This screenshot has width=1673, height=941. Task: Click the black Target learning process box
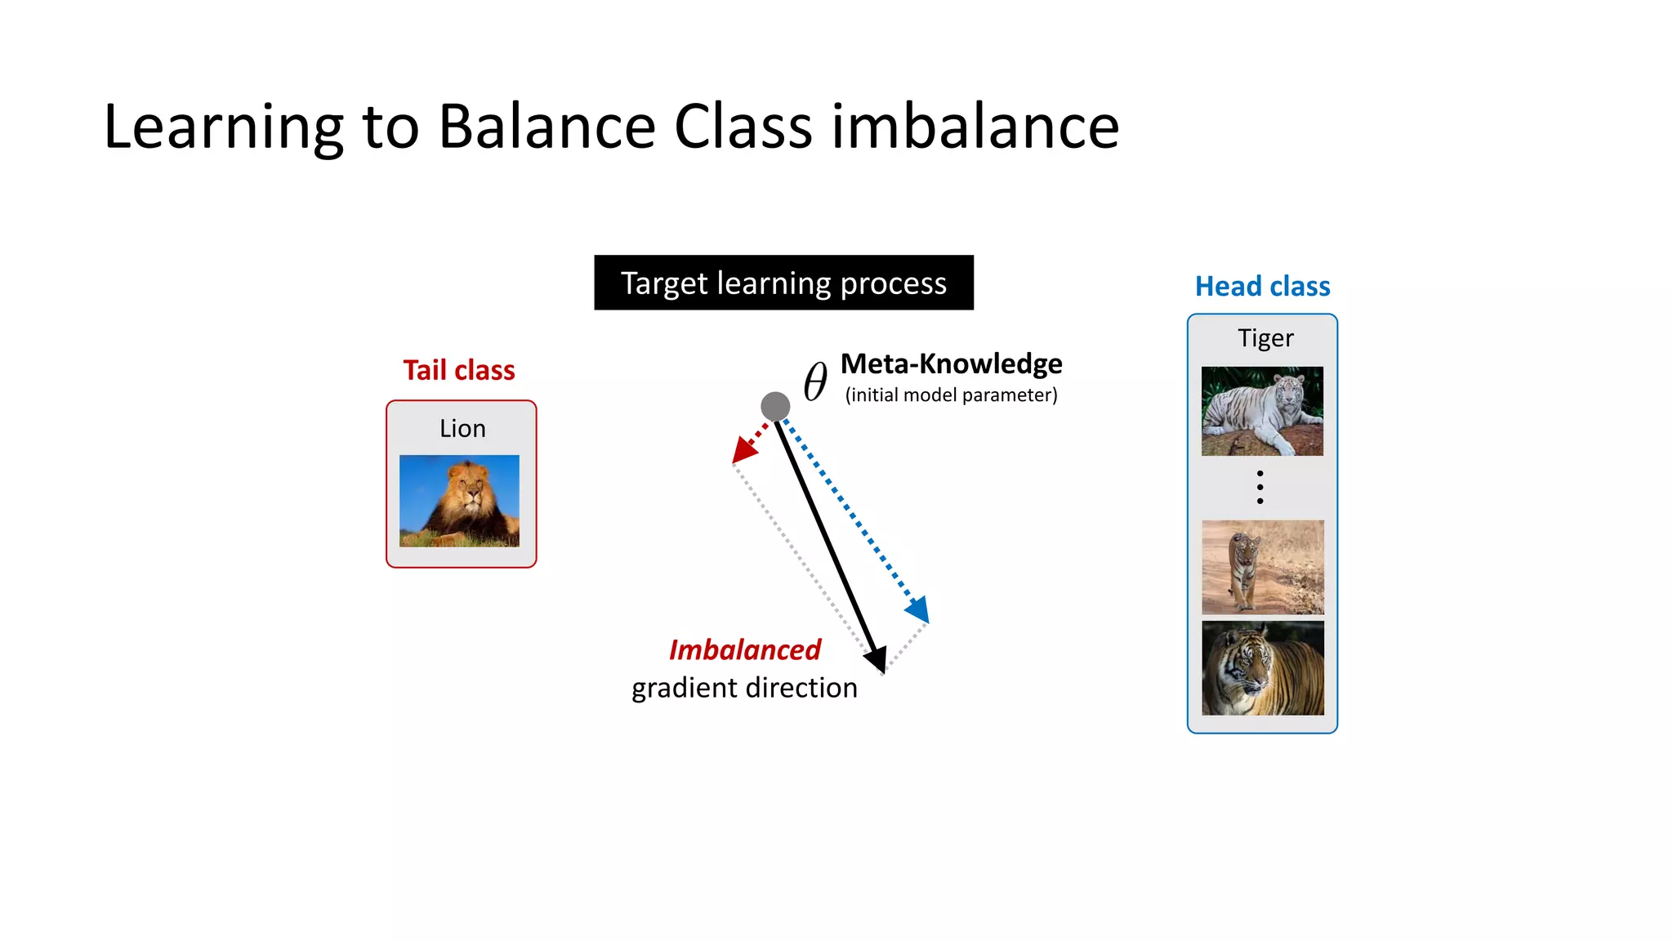coord(783,283)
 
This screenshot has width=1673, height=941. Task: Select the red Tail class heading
coord(459,370)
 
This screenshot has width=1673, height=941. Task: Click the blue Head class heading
coord(1262,287)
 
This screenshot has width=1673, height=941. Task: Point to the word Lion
coord(462,428)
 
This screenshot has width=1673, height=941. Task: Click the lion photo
coord(459,501)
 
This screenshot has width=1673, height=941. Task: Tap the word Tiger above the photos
coord(1265,337)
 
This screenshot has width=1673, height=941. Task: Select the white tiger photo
coord(1262,411)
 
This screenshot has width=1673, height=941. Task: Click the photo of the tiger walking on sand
coord(1262,567)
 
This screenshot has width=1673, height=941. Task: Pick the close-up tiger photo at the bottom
coord(1262,668)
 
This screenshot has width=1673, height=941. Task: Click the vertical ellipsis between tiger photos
coord(1260,487)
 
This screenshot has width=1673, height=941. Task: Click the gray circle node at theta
coord(775,406)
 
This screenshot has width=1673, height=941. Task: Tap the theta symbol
coord(815,381)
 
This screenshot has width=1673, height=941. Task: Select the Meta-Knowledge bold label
coord(951,363)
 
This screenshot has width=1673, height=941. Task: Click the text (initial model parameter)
coord(951,395)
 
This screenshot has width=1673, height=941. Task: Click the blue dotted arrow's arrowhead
coord(918,610)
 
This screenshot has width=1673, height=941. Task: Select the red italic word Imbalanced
coord(744,650)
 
